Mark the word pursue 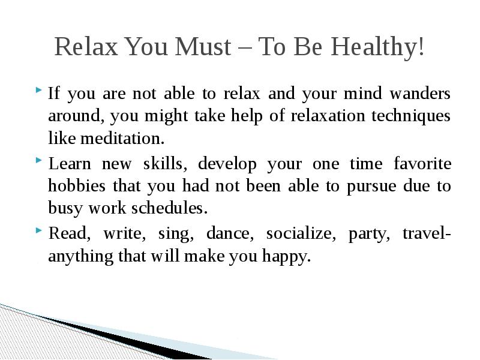pos(371,187)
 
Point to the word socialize pos(298,233)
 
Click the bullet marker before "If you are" pos(40,92)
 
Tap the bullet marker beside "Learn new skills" pos(40,162)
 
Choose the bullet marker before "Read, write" pos(40,232)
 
